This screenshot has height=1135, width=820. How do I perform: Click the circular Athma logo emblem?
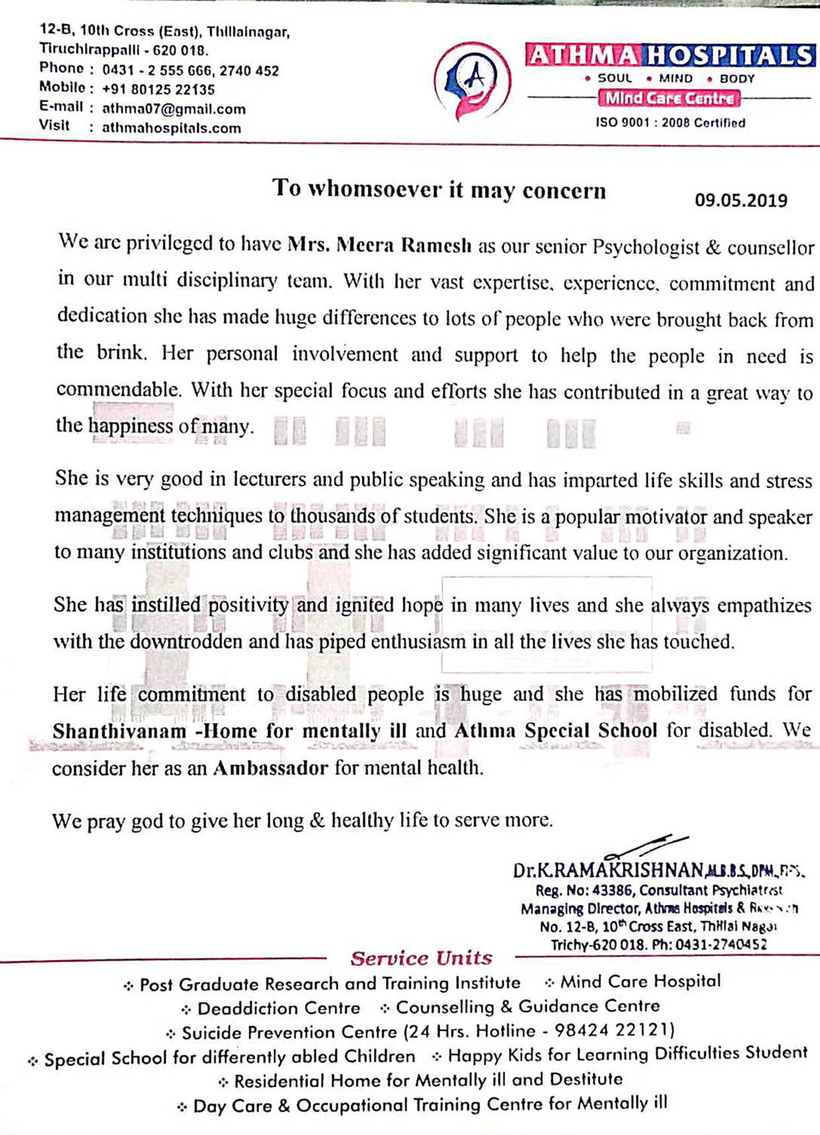(x=472, y=80)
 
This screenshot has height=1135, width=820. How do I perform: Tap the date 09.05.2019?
(x=741, y=200)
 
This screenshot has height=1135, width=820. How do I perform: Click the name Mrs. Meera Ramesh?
(x=380, y=245)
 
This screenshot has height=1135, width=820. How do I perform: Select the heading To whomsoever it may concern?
(x=439, y=189)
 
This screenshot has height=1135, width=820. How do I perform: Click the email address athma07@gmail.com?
(x=174, y=109)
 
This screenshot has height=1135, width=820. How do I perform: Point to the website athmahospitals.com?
(x=171, y=128)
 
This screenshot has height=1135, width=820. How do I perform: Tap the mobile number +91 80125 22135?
(x=159, y=89)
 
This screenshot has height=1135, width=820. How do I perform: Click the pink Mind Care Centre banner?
(x=669, y=99)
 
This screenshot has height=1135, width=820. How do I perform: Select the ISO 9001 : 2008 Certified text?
(x=670, y=123)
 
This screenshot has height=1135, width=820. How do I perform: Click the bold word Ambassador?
(x=270, y=768)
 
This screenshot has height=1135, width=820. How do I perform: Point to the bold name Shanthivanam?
(x=110, y=731)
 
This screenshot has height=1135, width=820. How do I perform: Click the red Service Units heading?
(x=421, y=958)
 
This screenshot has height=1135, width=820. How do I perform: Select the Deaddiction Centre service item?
(x=278, y=1009)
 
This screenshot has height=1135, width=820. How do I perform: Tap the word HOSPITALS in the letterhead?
(x=730, y=56)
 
